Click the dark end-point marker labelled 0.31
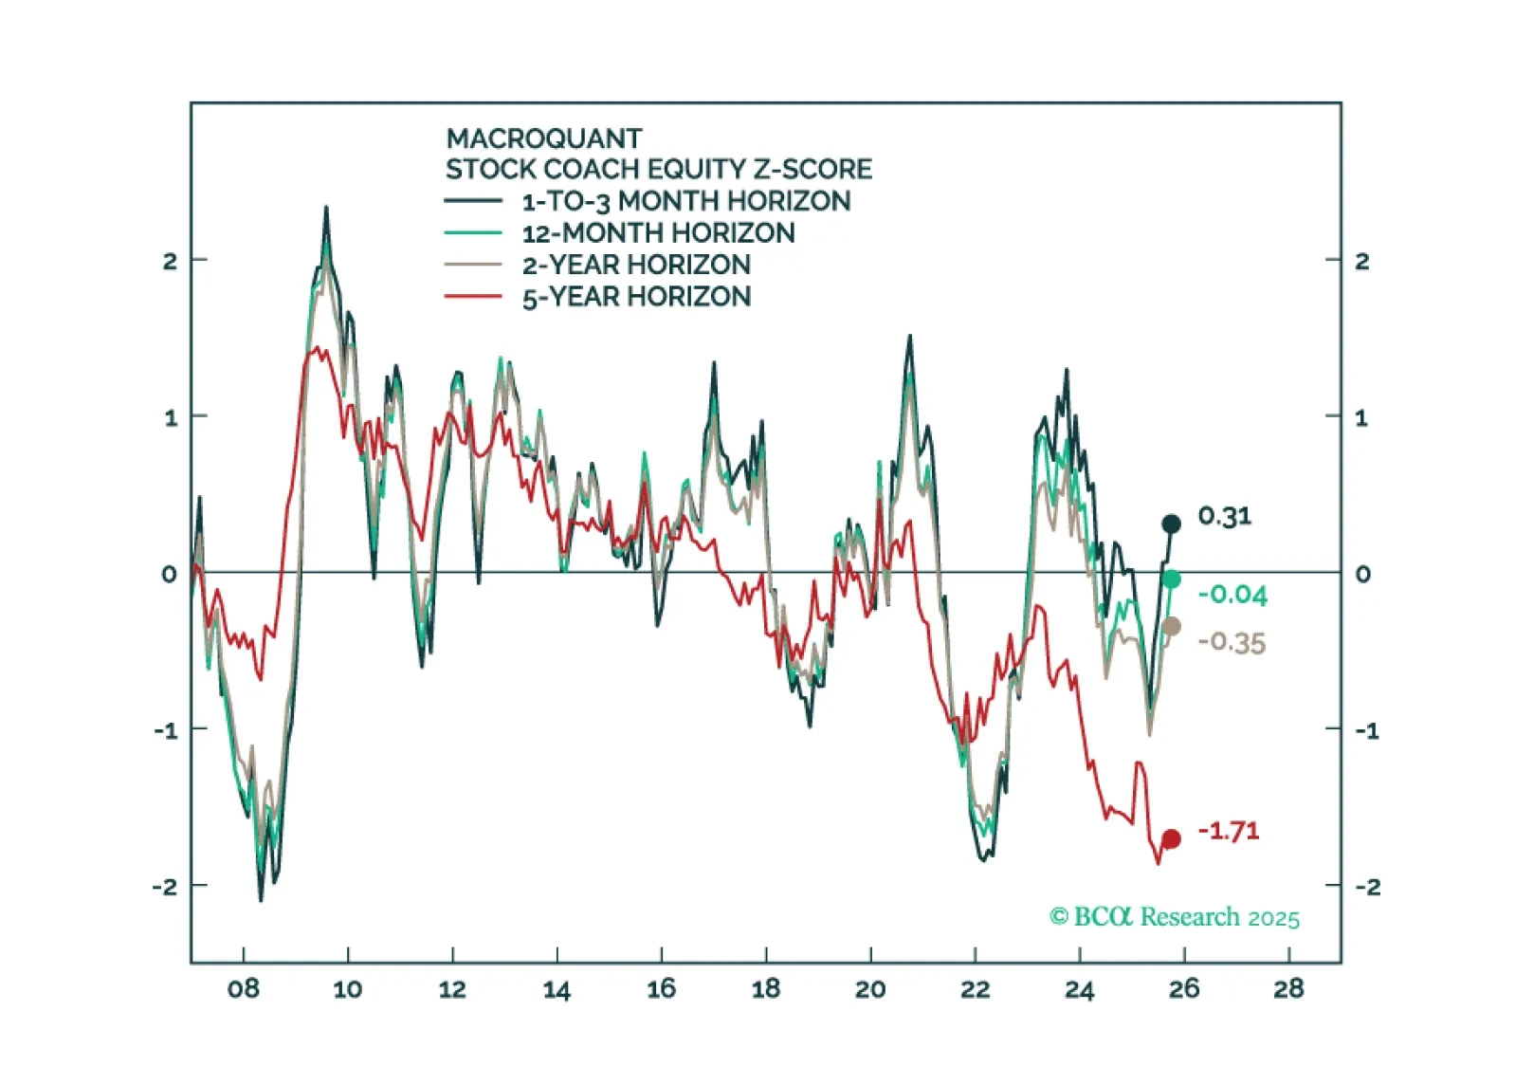pyautogui.click(x=1171, y=524)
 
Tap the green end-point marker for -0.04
pyautogui.click(x=1172, y=579)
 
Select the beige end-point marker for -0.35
pyautogui.click(x=1172, y=626)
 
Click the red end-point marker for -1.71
pyautogui.click(x=1171, y=838)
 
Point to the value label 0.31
pyautogui.click(x=1224, y=516)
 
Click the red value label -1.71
pyautogui.click(x=1229, y=831)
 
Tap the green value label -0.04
pyautogui.click(x=1232, y=595)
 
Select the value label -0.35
pyautogui.click(x=1232, y=642)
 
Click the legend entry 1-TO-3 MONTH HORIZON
pyautogui.click(x=685, y=201)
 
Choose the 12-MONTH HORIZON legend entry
pyautogui.click(x=658, y=232)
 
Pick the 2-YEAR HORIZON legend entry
pyautogui.click(x=636, y=265)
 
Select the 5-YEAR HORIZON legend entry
pyautogui.click(x=636, y=297)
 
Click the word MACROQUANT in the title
pyautogui.click(x=544, y=138)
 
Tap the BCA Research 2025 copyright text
pyautogui.click(x=1175, y=917)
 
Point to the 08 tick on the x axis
pyautogui.click(x=243, y=989)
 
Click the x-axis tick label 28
pyautogui.click(x=1288, y=989)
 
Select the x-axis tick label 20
pyautogui.click(x=870, y=989)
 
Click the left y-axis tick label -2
pyautogui.click(x=165, y=887)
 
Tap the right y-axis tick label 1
pyautogui.click(x=1360, y=417)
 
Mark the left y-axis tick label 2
pyautogui.click(x=170, y=261)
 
